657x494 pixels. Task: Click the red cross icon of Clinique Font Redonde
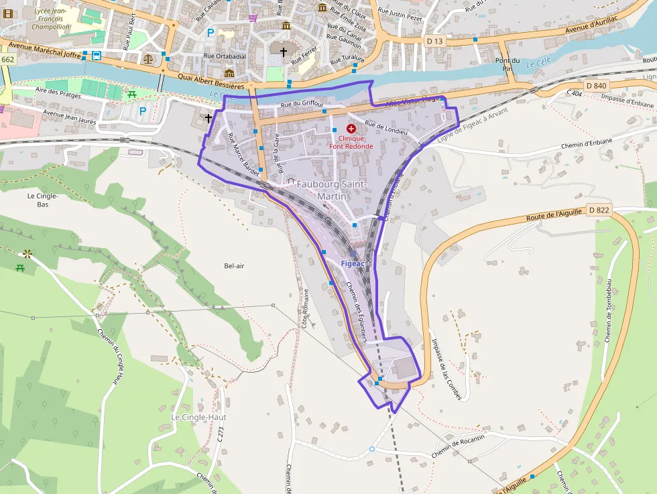[351, 127]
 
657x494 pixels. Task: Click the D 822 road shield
[599, 210]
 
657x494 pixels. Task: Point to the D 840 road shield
[595, 85]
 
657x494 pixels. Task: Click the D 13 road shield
[435, 41]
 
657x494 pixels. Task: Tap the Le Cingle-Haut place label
[198, 417]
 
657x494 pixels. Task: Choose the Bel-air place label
[234, 266]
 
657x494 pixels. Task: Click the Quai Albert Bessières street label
[211, 81]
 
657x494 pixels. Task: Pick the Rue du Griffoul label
[302, 105]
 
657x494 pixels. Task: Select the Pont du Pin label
[508, 64]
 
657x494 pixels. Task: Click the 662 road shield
[7, 60]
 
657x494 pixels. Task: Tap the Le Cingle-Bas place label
[43, 200]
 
